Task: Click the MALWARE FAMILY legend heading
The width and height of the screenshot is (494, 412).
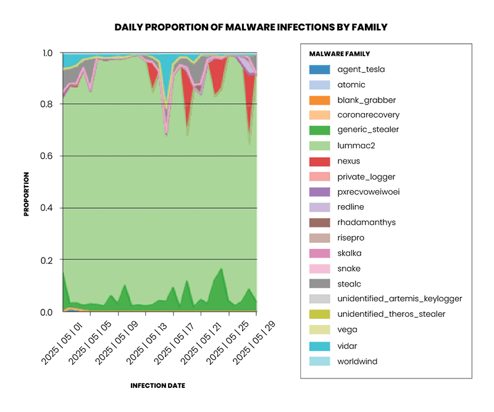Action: pyautogui.click(x=339, y=54)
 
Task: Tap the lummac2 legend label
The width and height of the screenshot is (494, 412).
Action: pyautogui.click(x=356, y=146)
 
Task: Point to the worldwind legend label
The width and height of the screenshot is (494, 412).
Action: pyautogui.click(x=358, y=361)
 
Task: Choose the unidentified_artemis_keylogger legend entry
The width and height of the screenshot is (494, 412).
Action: pyautogui.click(x=400, y=299)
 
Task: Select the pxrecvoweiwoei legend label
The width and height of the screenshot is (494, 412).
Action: pyautogui.click(x=369, y=192)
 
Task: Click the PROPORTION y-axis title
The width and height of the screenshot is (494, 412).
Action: pyautogui.click(x=27, y=194)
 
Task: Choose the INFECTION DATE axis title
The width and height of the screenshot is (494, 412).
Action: pyautogui.click(x=157, y=385)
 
